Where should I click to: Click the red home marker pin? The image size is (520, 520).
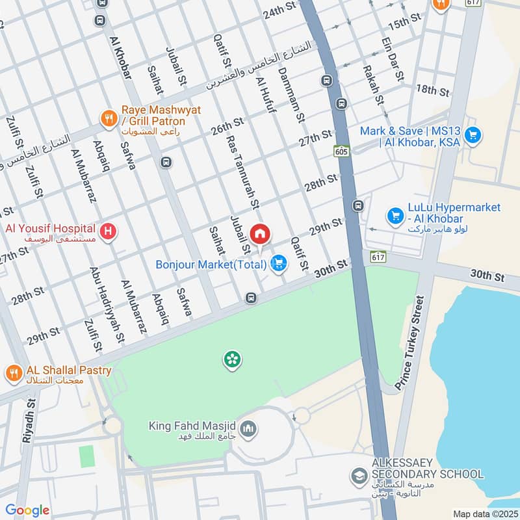pyautogui.click(x=259, y=233)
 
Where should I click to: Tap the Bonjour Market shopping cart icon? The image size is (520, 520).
pyautogui.click(x=279, y=263)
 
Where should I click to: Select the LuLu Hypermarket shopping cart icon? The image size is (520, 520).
pyautogui.click(x=393, y=214)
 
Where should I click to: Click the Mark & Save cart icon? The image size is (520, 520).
pyautogui.click(x=473, y=135)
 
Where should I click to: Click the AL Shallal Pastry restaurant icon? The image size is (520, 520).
pyautogui.click(x=13, y=372)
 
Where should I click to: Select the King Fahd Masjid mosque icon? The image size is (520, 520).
pyautogui.click(x=247, y=428)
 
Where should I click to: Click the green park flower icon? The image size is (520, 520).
pyautogui.click(x=230, y=359)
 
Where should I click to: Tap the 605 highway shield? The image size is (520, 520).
pyautogui.click(x=341, y=151)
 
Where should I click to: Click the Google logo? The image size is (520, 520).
pyautogui.click(x=27, y=510)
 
